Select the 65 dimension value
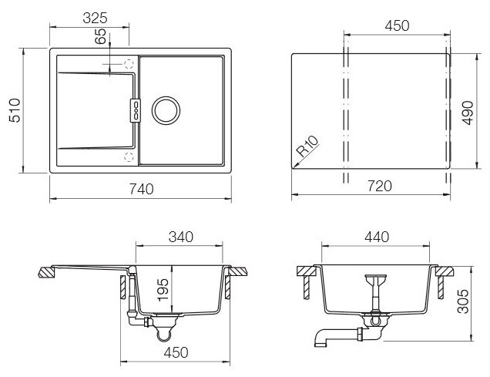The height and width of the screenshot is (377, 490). [x=100, y=39]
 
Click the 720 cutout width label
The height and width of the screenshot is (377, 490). [x=380, y=186]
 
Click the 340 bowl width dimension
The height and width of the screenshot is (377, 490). [x=181, y=237]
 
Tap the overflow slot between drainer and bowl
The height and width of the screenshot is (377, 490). [x=136, y=108]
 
